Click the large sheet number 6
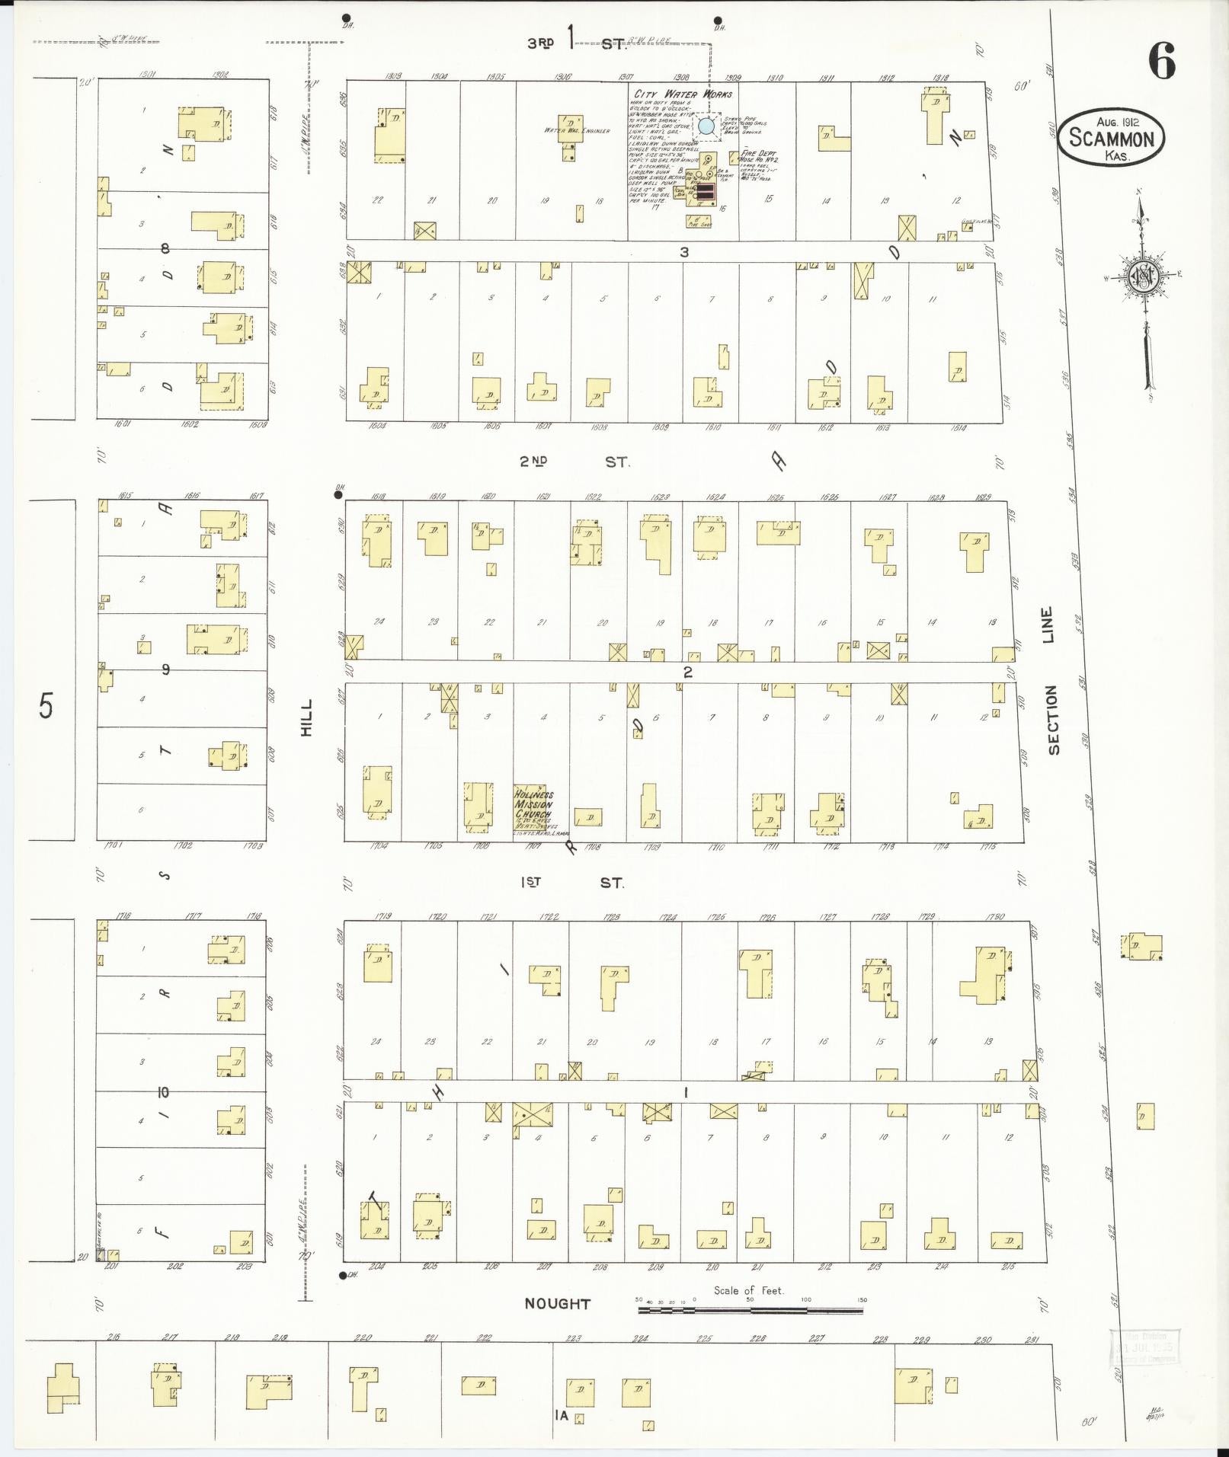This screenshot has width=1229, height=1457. pyautogui.click(x=1161, y=62)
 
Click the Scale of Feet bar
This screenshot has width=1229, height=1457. pyautogui.click(x=751, y=1309)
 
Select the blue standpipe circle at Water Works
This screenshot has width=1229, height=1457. pyautogui.click(x=706, y=126)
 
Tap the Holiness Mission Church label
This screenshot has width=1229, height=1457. pyautogui.click(x=533, y=804)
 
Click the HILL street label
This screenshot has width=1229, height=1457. pyautogui.click(x=307, y=717)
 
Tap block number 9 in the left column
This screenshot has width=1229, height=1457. pyautogui.click(x=165, y=670)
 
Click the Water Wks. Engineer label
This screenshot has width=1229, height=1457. pyautogui.click(x=577, y=131)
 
